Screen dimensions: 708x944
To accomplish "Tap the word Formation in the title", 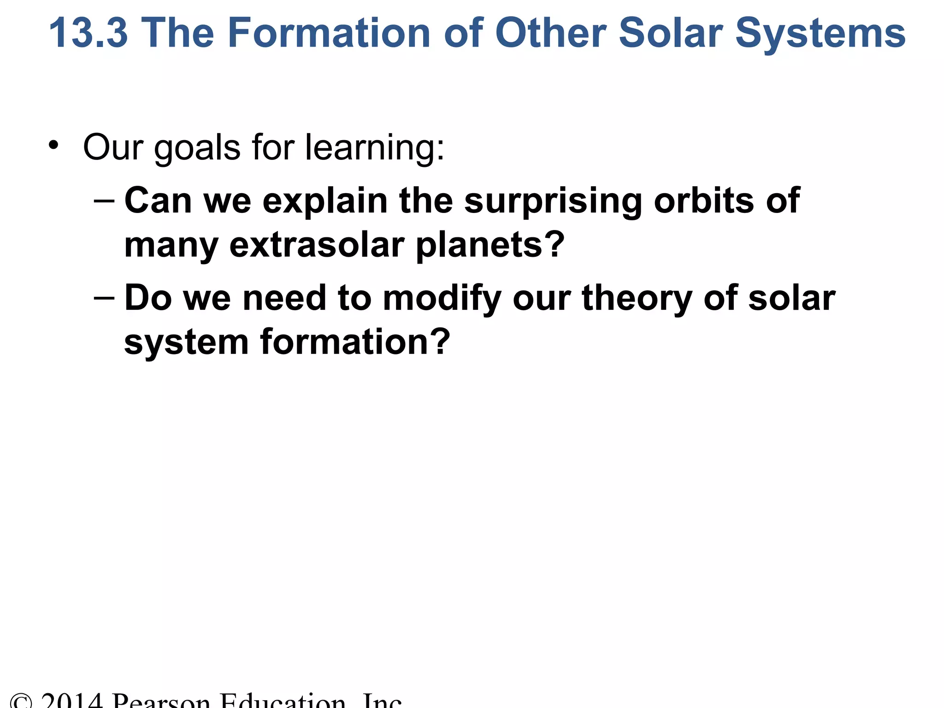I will coord(329,33).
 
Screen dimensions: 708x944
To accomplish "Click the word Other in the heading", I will coord(551,33).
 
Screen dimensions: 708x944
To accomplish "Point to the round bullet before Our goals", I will coord(54,145).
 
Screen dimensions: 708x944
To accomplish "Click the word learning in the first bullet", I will coord(374,148).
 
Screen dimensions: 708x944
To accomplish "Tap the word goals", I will coord(197,148).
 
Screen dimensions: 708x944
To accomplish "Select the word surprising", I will coord(553,202).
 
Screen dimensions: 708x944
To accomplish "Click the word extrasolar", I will coord(317,245).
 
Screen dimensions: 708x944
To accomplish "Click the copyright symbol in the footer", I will coord(21,702).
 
